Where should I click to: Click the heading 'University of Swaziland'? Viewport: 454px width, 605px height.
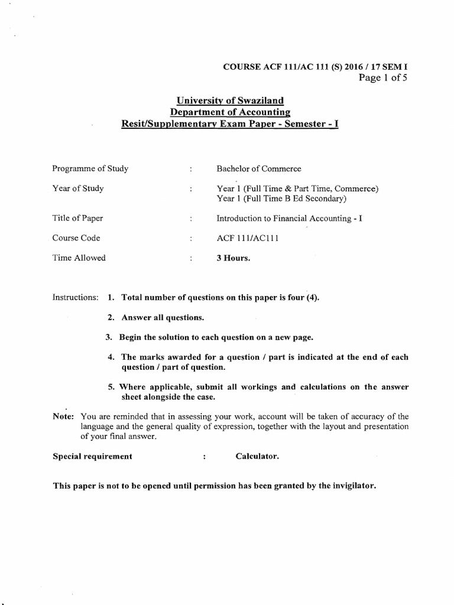[x=226, y=101]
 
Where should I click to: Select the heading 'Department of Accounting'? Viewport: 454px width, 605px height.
[x=226, y=113]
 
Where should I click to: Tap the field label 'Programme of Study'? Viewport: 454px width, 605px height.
[x=90, y=168]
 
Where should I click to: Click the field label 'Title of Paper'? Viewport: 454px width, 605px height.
[x=78, y=218]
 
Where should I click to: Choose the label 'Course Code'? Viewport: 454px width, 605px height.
[x=76, y=238]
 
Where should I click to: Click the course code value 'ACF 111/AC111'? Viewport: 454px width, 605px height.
[x=244, y=238]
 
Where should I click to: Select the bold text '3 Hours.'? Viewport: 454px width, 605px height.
[x=234, y=258]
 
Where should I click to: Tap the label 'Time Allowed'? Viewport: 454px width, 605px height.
[x=79, y=258]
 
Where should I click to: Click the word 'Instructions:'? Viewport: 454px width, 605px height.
[x=76, y=297]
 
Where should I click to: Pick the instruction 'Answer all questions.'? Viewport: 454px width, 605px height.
[x=163, y=317]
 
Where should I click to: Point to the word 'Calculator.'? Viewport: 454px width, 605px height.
[x=257, y=457]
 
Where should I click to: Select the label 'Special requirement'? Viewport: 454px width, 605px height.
[x=93, y=457]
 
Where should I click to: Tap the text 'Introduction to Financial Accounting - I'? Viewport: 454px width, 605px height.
[x=290, y=218]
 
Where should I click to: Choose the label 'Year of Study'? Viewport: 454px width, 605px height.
[x=78, y=188]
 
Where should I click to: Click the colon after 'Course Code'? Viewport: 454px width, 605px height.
[x=191, y=238]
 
